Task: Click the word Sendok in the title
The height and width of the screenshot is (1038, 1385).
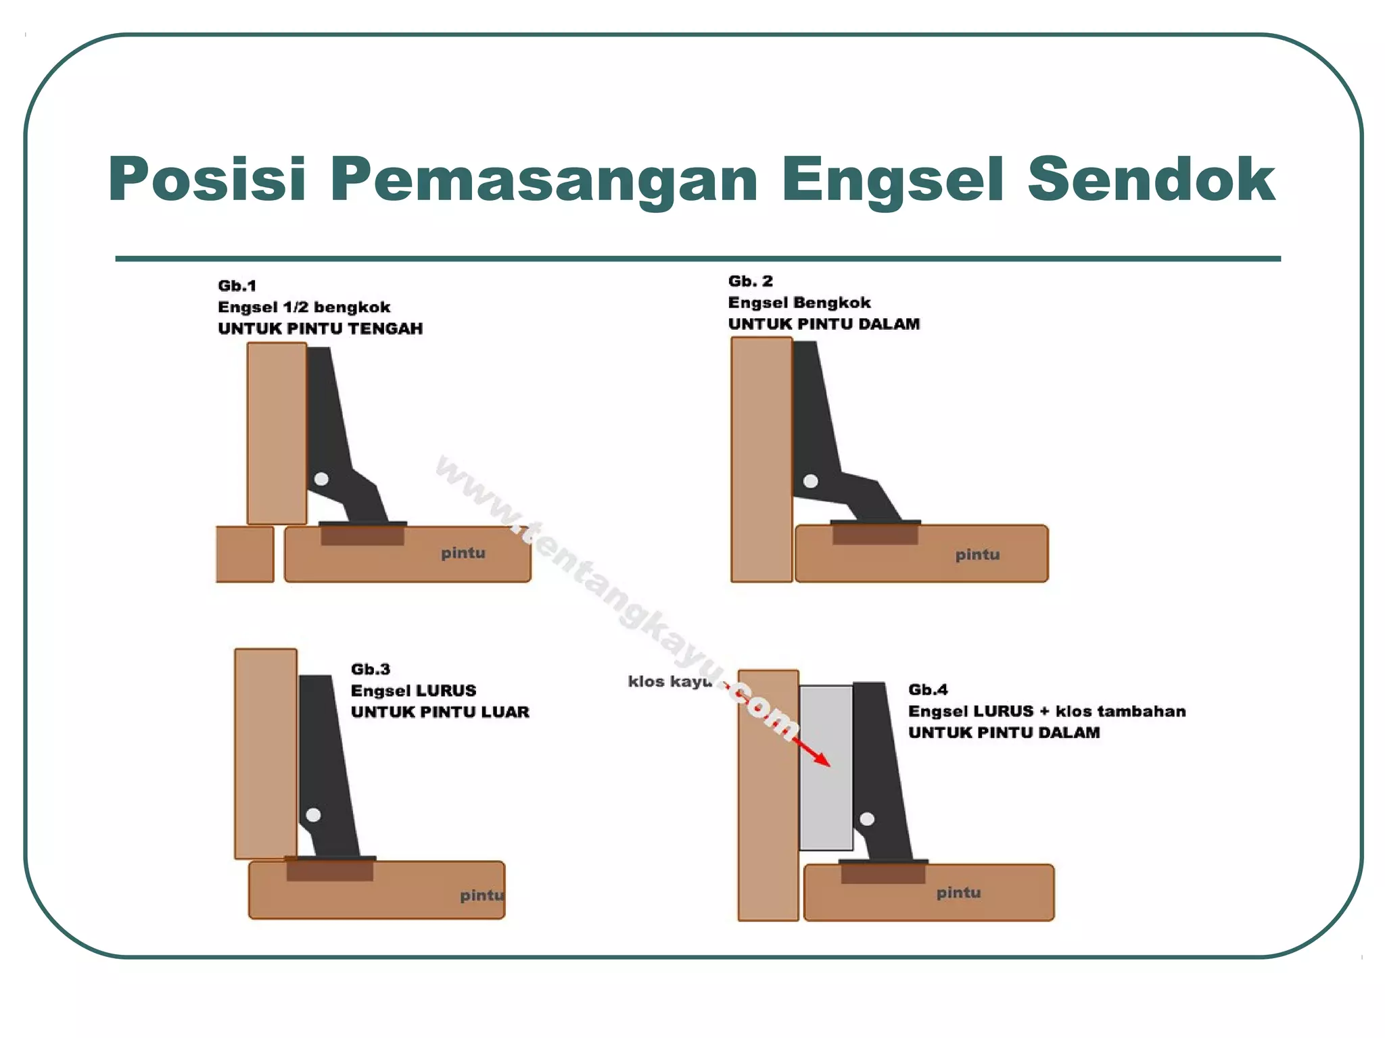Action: (x=1150, y=180)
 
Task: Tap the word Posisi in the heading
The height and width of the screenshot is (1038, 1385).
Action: (x=207, y=180)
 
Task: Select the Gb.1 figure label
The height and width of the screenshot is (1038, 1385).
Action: (x=237, y=286)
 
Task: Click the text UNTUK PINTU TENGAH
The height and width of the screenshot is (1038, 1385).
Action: (x=320, y=329)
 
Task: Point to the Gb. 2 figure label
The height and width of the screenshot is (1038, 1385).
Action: (x=750, y=281)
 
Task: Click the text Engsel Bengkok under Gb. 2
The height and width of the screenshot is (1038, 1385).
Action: (x=799, y=303)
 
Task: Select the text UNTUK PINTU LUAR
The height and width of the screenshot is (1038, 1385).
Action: (x=440, y=712)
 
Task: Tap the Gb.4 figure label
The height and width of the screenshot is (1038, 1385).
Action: (x=927, y=690)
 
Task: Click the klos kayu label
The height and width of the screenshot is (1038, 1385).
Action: (x=669, y=681)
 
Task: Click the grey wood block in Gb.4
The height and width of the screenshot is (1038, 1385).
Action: (x=825, y=797)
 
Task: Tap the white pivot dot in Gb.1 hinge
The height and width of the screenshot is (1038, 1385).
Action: (x=322, y=479)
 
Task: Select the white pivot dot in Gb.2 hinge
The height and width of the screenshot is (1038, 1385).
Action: (x=811, y=481)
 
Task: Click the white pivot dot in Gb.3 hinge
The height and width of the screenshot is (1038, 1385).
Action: (x=313, y=815)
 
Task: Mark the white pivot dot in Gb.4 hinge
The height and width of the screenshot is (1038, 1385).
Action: (x=867, y=819)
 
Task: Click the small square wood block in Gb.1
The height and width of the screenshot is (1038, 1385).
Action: (x=245, y=554)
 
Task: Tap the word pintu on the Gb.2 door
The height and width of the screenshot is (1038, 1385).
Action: (x=977, y=555)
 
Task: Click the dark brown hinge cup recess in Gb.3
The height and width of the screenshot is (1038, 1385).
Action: (x=329, y=870)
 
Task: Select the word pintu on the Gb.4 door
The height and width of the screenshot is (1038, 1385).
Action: (x=958, y=893)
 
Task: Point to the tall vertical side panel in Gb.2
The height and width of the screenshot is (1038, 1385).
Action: (x=761, y=460)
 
